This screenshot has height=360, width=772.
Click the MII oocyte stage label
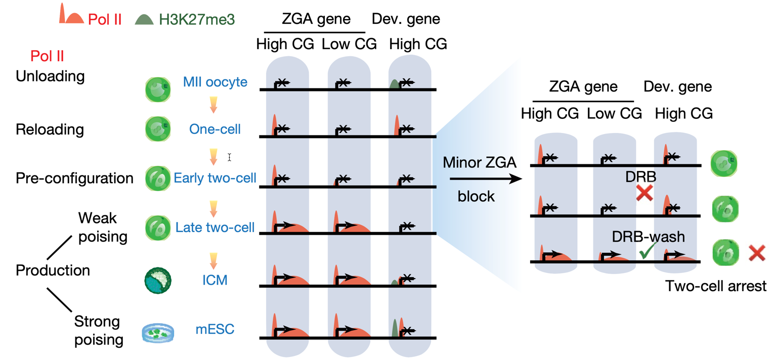[x=216, y=82]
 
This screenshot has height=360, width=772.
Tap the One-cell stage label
[x=215, y=129]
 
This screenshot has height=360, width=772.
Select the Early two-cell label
[x=215, y=178]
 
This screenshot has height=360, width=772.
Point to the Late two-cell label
[x=215, y=227]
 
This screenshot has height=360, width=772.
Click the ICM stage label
[x=215, y=279]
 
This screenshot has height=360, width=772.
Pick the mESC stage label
[x=215, y=331]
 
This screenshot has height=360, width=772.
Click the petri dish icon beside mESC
[x=159, y=333]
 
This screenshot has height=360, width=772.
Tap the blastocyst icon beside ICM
[x=158, y=280]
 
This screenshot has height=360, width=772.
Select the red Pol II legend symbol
[x=70, y=15]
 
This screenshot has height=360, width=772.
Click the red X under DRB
[x=644, y=192]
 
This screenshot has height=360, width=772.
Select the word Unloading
[x=50, y=76]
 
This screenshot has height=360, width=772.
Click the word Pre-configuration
[x=74, y=178]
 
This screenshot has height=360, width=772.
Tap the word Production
[x=53, y=271]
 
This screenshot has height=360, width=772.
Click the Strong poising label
[x=98, y=330]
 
